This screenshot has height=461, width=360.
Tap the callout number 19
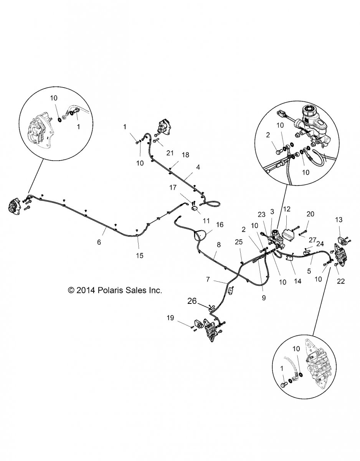[170, 318]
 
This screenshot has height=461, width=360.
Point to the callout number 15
[140, 255]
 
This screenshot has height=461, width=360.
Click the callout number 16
[220, 224]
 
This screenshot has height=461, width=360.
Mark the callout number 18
[185, 155]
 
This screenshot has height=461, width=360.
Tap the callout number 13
[339, 220]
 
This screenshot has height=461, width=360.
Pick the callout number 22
[340, 281]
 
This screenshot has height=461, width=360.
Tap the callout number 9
[264, 297]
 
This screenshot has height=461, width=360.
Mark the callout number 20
[310, 214]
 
